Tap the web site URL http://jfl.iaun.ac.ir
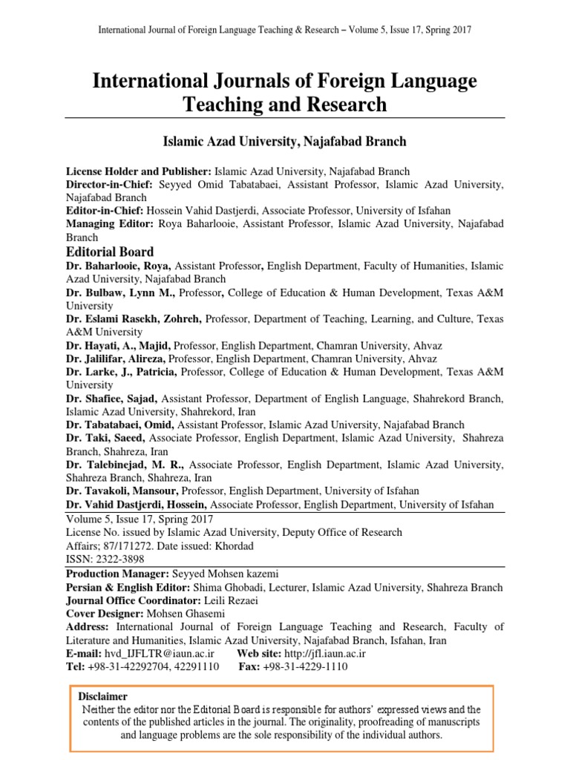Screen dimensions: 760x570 (x=323, y=653)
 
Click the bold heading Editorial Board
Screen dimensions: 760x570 (x=110, y=252)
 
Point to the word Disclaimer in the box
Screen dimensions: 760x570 (x=103, y=696)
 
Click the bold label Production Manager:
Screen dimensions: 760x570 (x=117, y=574)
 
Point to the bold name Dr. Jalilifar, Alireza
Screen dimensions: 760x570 (x=116, y=358)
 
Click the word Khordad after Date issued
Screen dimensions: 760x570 (x=240, y=546)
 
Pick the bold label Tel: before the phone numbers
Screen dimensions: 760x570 (x=75, y=666)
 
